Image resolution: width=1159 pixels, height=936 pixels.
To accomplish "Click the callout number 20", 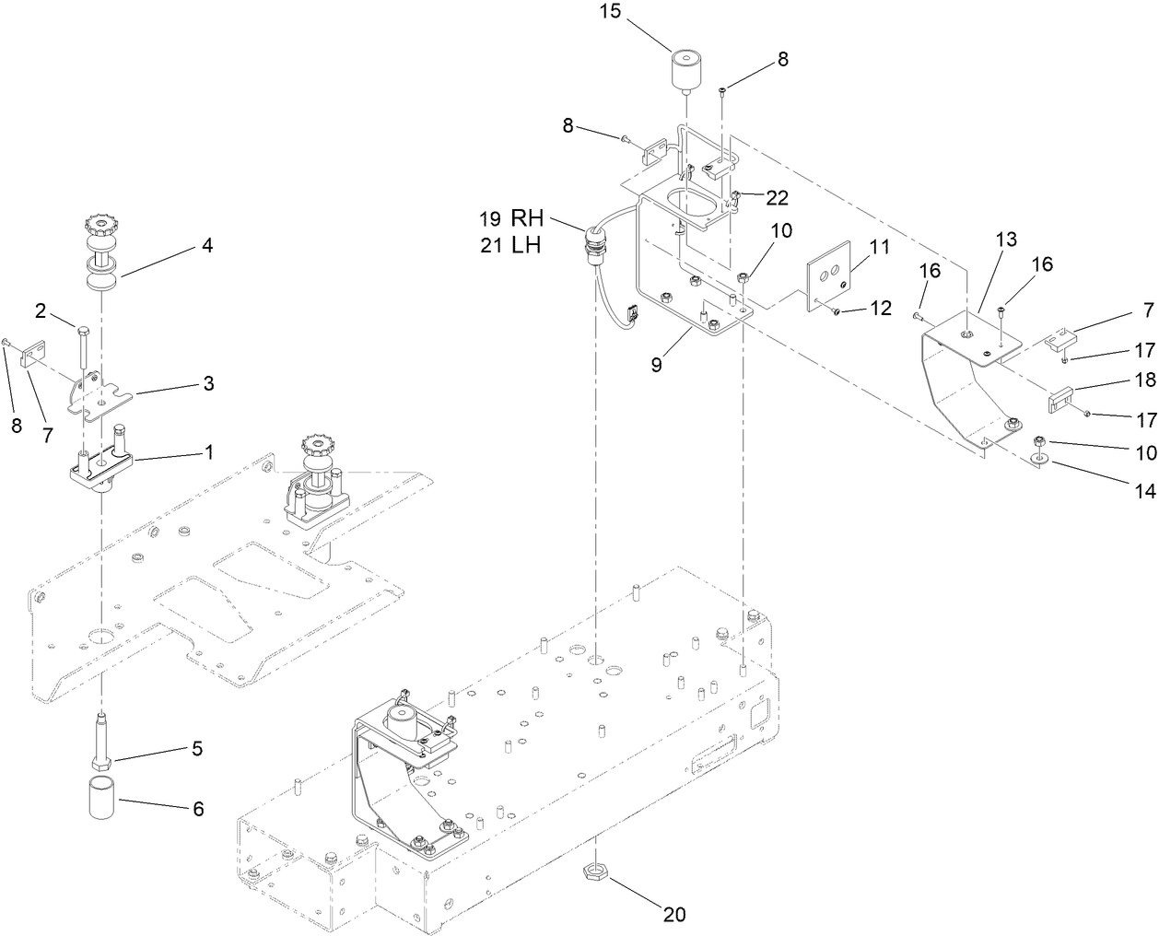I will coord(675,914).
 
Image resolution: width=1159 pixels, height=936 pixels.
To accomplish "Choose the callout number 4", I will coord(207,246).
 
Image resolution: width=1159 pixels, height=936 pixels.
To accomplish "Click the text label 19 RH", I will coord(512,219).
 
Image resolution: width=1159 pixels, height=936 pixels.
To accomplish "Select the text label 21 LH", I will coord(512,246).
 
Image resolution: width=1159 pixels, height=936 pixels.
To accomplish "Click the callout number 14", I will coord(1145,492).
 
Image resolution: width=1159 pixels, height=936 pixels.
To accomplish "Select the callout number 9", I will coord(657,365).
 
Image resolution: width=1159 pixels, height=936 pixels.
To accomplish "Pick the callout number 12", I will coord(881,308).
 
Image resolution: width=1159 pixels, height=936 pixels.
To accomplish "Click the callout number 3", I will coord(208,383).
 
